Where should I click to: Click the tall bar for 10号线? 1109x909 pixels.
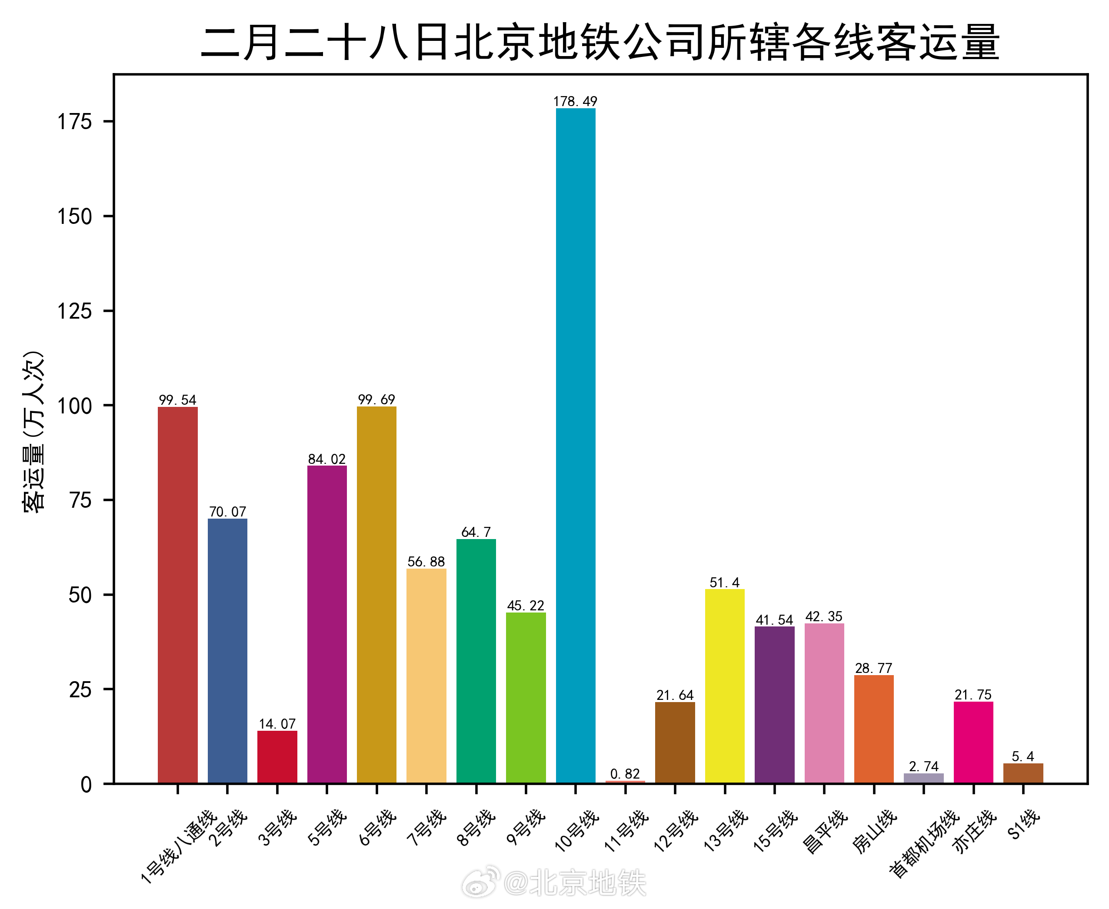pos(576,445)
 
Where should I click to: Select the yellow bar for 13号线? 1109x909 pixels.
pos(725,686)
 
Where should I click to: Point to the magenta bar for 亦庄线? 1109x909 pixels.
pos(973,743)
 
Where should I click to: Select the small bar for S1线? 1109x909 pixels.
pos(1023,773)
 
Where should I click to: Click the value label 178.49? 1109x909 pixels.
pos(576,101)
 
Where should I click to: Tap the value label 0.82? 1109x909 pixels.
pos(625,774)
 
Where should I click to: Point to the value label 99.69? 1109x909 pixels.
pos(376,400)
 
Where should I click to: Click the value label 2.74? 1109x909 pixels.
pos(924,766)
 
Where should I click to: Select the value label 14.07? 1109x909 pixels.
pos(277,724)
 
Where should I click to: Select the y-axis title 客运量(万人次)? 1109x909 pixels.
pos(34,432)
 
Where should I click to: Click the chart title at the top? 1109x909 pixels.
pos(600,42)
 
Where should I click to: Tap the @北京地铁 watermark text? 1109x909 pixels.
pos(575,883)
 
